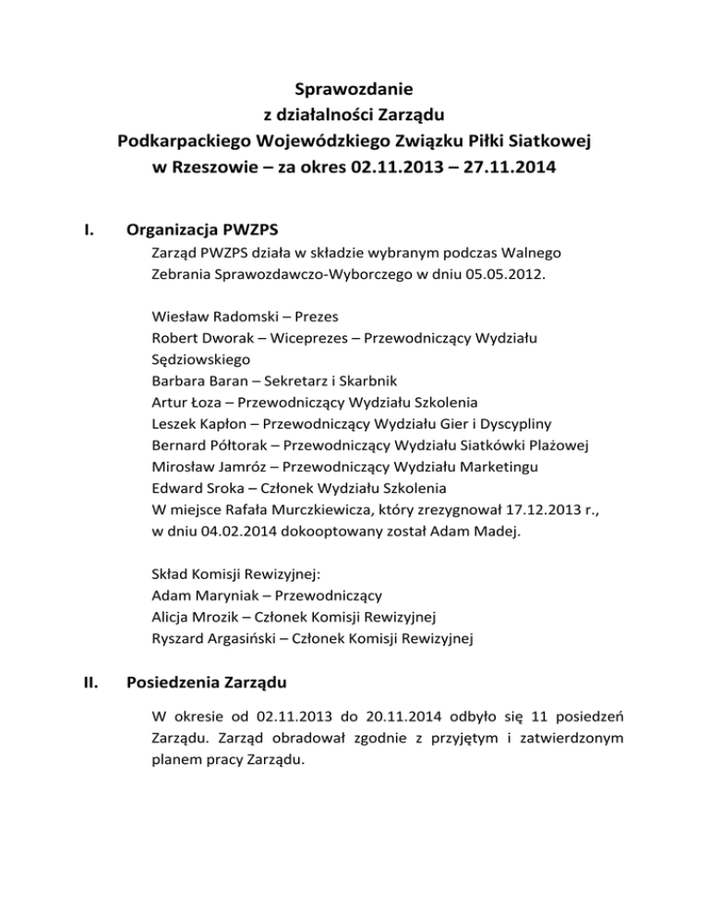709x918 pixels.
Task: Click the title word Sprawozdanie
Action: click(354, 90)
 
